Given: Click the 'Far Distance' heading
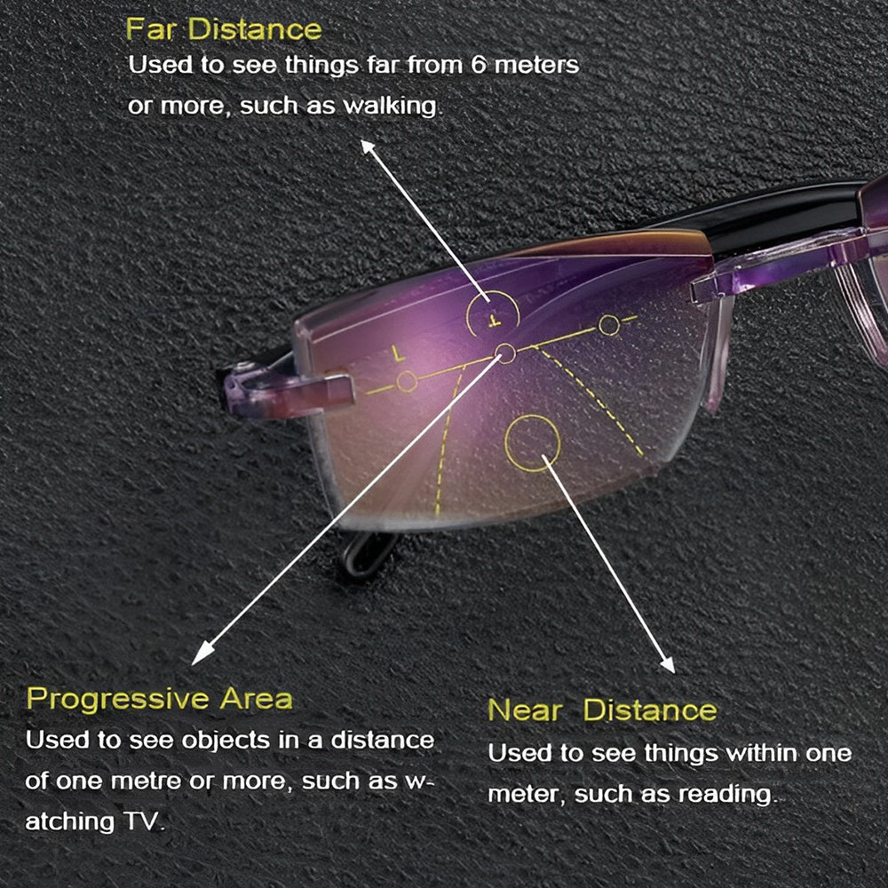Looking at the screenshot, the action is pyautogui.click(x=224, y=29).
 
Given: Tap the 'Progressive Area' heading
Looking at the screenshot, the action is pyautogui.click(x=160, y=700).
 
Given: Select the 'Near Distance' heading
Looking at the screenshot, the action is pyautogui.click(x=603, y=710).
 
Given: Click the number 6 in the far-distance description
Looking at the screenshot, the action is pyautogui.click(x=480, y=65).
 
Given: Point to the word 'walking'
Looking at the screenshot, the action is pyautogui.click(x=391, y=106).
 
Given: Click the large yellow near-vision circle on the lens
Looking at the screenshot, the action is pyautogui.click(x=532, y=443).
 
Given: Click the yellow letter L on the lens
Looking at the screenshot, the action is pyautogui.click(x=399, y=354).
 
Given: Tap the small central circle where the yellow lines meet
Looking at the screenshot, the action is pyautogui.click(x=506, y=354).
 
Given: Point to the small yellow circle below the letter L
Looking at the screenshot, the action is pyautogui.click(x=407, y=382).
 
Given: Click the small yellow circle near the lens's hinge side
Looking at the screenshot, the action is pyautogui.click(x=609, y=325).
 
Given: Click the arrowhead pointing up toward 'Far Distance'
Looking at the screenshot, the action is pyautogui.click(x=369, y=147).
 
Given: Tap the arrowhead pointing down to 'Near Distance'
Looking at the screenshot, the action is pyautogui.click(x=668, y=663).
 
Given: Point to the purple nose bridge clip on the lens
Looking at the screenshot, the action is pyautogui.click(x=288, y=390).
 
